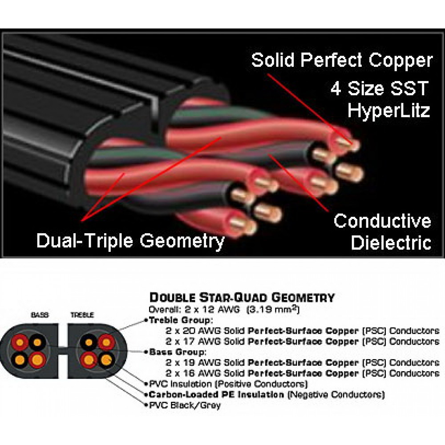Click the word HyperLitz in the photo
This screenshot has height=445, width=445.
[388, 110]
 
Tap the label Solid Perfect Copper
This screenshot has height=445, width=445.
[342, 61]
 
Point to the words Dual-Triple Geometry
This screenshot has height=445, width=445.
[130, 241]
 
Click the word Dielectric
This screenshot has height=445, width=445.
[391, 243]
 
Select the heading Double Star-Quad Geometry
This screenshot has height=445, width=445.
[242, 297]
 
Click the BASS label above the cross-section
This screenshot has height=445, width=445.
[40, 315]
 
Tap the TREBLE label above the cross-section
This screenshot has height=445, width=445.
[82, 315]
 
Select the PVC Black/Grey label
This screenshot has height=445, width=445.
[185, 405]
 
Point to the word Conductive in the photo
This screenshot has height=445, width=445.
[382, 221]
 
